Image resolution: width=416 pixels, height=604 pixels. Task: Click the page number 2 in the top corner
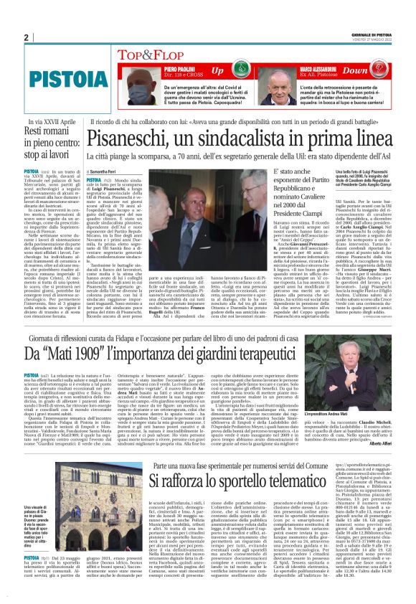point(26,38)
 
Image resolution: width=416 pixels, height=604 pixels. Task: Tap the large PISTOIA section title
point(55,75)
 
